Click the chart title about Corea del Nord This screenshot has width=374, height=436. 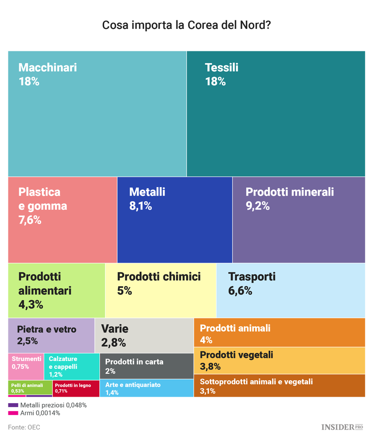point(187,25)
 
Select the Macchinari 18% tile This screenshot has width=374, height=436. point(97,113)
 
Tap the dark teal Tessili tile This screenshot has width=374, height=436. point(276,113)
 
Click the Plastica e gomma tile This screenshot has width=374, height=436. point(62,219)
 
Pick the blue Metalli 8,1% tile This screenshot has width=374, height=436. point(175,219)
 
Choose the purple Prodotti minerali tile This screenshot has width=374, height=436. point(298,219)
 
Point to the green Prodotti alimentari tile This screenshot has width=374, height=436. point(56,290)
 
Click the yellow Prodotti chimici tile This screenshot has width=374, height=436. point(161,290)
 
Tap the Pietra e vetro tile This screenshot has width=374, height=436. point(51,335)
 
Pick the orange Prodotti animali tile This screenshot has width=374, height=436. point(279,332)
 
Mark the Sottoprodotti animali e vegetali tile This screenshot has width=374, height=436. point(279,386)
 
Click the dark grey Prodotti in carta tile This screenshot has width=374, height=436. point(147,366)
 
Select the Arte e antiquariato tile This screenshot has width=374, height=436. point(147,388)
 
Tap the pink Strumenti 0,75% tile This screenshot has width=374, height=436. point(26,366)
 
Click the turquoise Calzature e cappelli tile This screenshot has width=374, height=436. point(71,366)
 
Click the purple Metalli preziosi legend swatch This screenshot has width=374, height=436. point(13,405)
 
